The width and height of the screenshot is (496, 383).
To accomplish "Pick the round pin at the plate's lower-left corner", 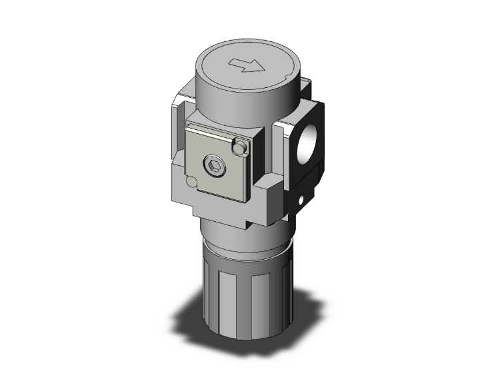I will click(192, 183).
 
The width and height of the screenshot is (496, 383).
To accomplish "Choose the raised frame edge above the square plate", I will click(213, 120).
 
